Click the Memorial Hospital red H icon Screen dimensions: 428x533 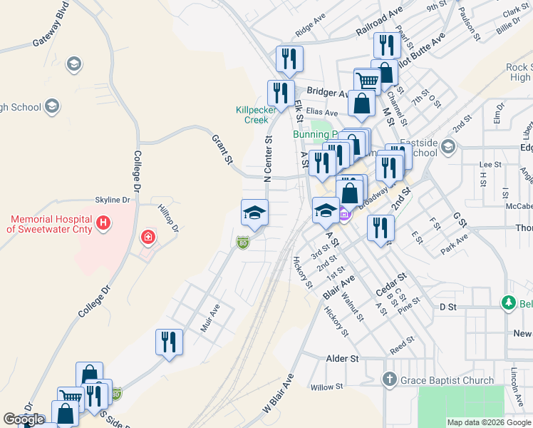tap(104, 224)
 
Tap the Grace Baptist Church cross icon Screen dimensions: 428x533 tap(389, 379)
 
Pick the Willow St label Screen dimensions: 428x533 tap(327, 387)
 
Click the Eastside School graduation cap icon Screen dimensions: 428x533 tap(447, 147)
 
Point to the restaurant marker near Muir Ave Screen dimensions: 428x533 tap(169, 342)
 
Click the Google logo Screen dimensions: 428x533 tap(24, 420)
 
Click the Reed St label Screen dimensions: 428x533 tap(401, 345)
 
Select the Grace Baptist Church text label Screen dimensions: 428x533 tap(447, 379)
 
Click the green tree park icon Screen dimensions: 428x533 tap(508, 303)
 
